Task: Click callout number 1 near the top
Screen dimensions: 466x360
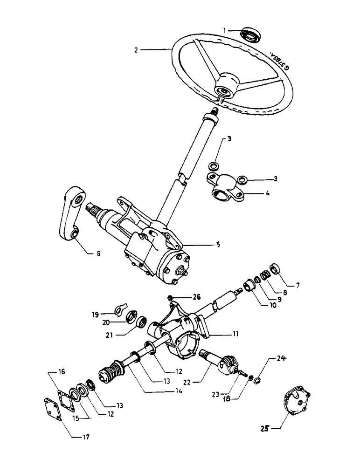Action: pyautogui.click(x=225, y=30)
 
